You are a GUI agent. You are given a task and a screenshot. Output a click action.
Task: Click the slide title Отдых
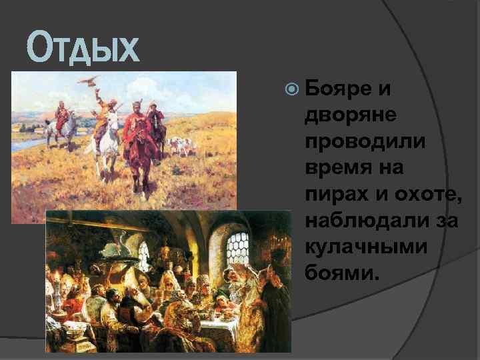pyautogui.click(x=83, y=50)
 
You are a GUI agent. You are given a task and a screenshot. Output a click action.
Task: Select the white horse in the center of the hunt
pyautogui.click(x=107, y=137)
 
